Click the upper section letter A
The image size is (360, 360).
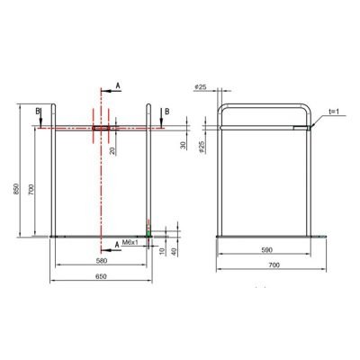(x=117, y=83)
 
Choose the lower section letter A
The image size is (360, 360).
(x=117, y=243)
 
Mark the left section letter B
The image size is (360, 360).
(x=37, y=112)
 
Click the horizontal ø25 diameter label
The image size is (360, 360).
(x=225, y=88)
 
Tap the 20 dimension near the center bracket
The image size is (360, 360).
(x=112, y=150)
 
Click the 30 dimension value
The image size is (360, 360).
(x=184, y=145)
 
